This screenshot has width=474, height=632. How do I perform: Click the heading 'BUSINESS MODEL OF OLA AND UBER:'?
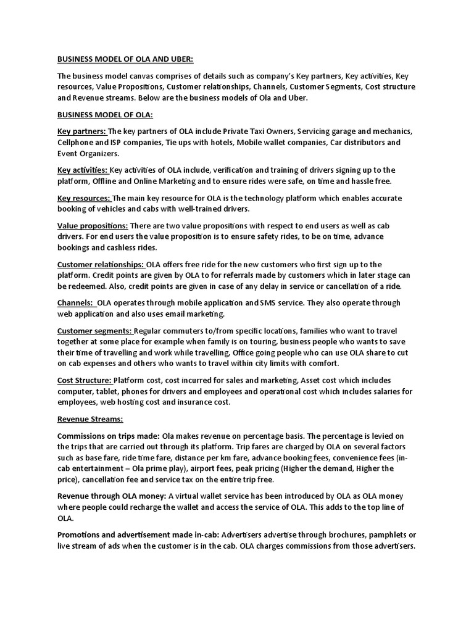tap(125, 59)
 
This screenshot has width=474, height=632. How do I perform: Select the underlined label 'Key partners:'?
tap(82, 131)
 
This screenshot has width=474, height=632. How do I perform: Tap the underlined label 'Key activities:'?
tap(83, 170)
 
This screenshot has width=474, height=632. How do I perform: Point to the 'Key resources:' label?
tap(84, 198)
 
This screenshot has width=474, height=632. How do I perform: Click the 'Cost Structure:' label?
tap(85, 380)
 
